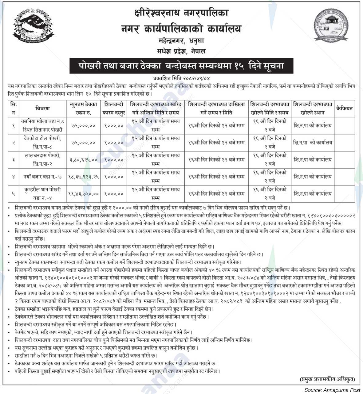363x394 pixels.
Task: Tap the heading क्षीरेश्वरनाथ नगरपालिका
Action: tap(181, 13)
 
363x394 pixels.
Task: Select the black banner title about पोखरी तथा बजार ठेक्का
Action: tap(181, 66)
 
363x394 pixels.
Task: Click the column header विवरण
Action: tap(42, 108)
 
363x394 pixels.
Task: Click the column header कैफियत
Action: tap(344, 108)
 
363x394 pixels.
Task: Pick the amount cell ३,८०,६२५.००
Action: tap(83, 159)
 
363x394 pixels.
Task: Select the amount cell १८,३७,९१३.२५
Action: tap(83, 177)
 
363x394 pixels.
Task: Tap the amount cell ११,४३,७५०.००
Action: tap(83, 194)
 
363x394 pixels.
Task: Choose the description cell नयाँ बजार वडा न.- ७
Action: tap(42, 177)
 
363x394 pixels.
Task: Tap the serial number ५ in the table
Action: tap(13, 194)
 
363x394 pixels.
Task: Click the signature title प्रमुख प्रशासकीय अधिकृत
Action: tap(327, 379)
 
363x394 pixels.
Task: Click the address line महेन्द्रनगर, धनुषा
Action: tap(181, 40)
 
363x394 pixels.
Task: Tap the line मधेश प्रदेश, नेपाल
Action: tap(181, 51)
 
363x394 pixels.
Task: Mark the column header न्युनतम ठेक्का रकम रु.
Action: tap(83, 108)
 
